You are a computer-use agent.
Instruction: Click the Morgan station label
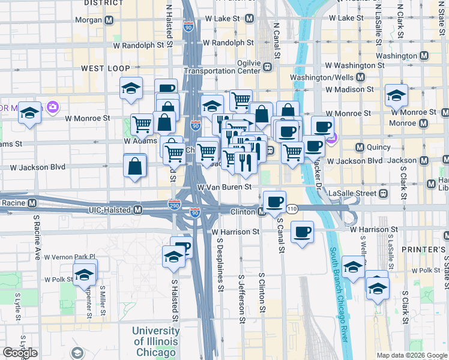coord(91,20)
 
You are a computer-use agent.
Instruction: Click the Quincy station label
coord(378,147)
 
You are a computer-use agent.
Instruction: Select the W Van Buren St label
coord(224,187)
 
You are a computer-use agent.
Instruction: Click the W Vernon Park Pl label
coord(70,256)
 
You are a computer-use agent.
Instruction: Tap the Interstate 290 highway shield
coord(175,205)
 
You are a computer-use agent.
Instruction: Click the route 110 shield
coord(292,208)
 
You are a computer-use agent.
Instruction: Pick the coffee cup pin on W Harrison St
coord(302,232)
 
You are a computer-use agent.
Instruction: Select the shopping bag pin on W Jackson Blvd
coord(135,166)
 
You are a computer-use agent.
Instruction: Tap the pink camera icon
coord(53,107)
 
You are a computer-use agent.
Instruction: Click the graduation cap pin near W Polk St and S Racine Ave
coord(85,275)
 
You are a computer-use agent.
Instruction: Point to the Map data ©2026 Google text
coord(412,355)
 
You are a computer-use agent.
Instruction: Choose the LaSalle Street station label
coord(358,193)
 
